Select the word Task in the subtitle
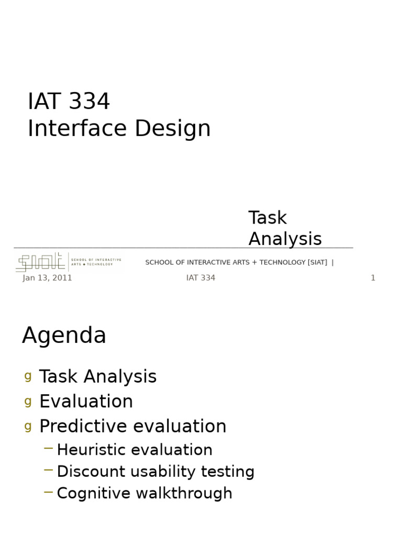click(267, 218)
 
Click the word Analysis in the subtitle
click(285, 239)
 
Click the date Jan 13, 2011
click(47, 278)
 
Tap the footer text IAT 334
click(200, 278)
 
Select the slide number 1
click(373, 278)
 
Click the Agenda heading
click(64, 336)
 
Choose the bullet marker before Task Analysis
click(28, 376)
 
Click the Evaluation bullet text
click(86, 401)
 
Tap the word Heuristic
click(91, 450)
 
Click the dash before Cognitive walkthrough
click(49, 492)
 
